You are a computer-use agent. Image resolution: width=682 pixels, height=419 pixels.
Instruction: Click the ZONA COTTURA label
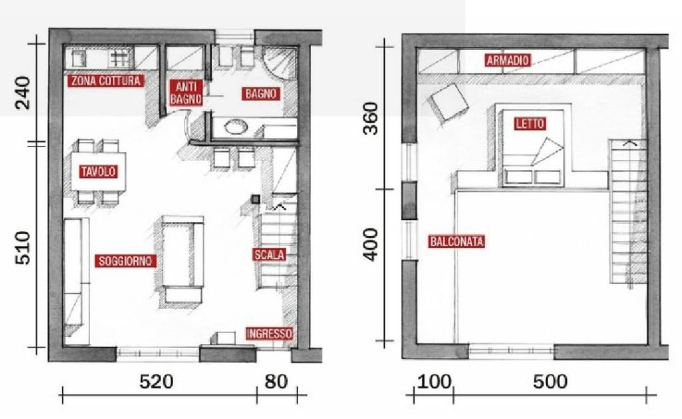point(106,81)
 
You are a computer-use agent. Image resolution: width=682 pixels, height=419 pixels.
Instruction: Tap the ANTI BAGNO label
point(186,93)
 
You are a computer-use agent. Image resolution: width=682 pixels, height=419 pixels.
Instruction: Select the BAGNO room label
point(260,93)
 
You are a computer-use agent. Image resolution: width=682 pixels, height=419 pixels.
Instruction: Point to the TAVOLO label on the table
point(99,171)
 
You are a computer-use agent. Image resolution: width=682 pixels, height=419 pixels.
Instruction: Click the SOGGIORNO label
point(125,260)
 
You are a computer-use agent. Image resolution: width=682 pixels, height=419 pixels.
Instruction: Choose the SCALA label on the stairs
point(269,255)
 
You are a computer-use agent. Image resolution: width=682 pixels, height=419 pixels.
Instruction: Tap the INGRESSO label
point(269,334)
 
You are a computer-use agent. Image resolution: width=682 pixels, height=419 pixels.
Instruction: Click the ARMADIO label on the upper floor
point(508,60)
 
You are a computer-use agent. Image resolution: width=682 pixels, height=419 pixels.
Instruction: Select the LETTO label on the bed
point(529,123)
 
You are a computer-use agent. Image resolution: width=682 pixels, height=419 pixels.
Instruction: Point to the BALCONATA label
point(457,242)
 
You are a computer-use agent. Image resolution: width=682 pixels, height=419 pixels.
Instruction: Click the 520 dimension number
point(156,382)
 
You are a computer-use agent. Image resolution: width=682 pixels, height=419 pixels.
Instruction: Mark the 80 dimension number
point(276,382)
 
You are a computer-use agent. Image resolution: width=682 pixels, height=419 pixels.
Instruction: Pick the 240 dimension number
point(23,93)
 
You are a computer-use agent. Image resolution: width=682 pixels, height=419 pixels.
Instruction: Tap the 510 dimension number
point(23,248)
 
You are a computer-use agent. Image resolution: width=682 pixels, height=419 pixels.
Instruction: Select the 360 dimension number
point(371,119)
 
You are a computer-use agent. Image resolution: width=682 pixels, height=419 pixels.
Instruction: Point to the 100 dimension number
point(434,382)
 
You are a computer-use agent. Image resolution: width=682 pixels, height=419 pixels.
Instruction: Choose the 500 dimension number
point(550,382)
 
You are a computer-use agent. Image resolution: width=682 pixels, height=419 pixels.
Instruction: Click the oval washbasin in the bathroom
point(236,127)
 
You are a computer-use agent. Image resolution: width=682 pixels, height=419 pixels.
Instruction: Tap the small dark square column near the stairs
point(255,199)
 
